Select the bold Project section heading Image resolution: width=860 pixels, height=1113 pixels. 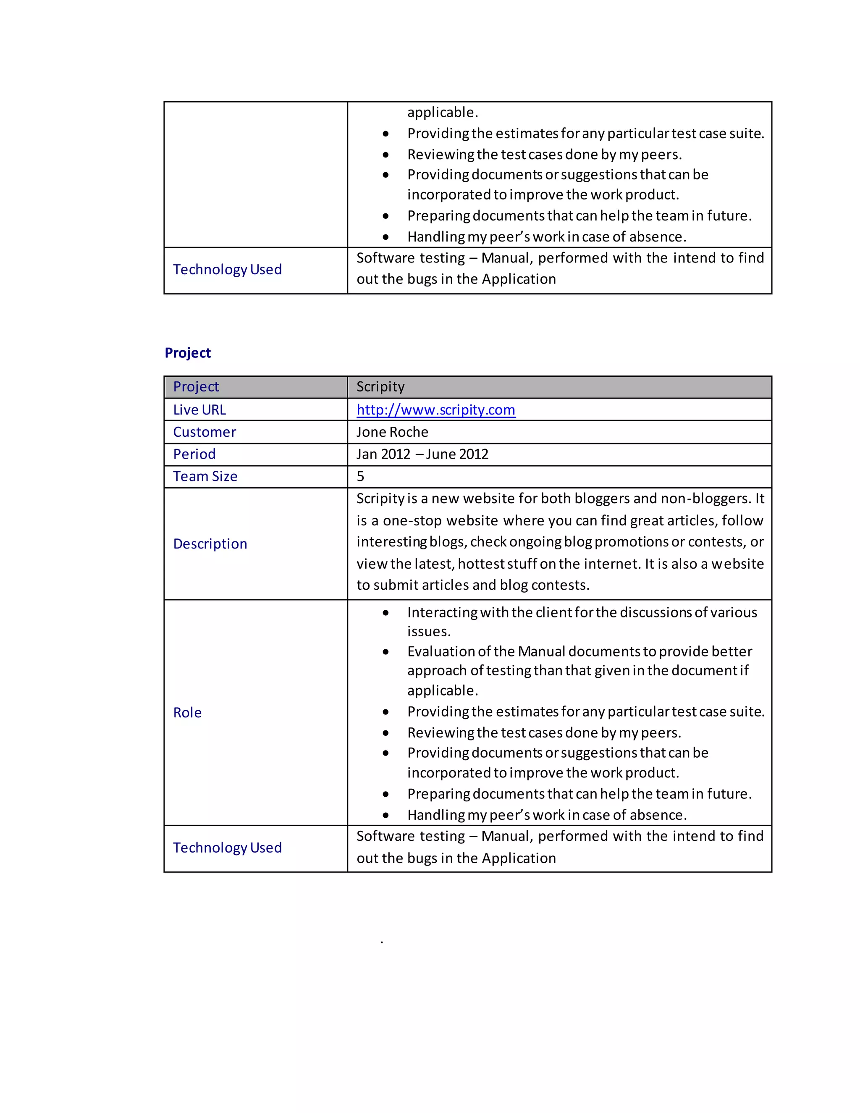pos(187,353)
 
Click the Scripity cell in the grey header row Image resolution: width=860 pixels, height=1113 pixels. pos(380,387)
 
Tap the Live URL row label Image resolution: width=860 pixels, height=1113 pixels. pos(199,410)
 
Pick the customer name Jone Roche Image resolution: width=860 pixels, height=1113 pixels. pos(392,432)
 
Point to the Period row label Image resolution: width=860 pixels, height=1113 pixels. pos(194,454)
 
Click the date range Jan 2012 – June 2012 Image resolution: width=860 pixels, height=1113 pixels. pos(422,454)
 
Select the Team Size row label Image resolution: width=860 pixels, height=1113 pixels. pos(205,477)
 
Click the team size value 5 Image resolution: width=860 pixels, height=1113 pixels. pos(360,477)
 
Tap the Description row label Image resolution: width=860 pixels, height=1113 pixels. pos(210,544)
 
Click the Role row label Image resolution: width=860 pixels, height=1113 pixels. pos(187,712)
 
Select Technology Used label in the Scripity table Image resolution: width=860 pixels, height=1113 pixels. pos(227,848)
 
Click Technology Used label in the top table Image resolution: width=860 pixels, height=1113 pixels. pos(227,269)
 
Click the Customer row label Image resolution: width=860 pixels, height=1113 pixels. pos(205,432)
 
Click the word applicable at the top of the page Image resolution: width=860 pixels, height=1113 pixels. pos(441,112)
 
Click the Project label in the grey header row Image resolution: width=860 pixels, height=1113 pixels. pos(196,387)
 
